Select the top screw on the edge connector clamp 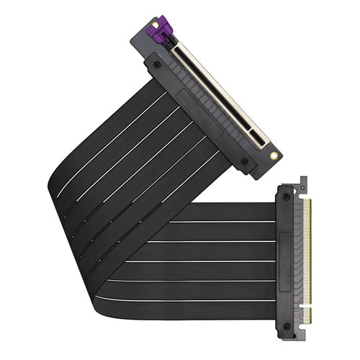tap(288, 196)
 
